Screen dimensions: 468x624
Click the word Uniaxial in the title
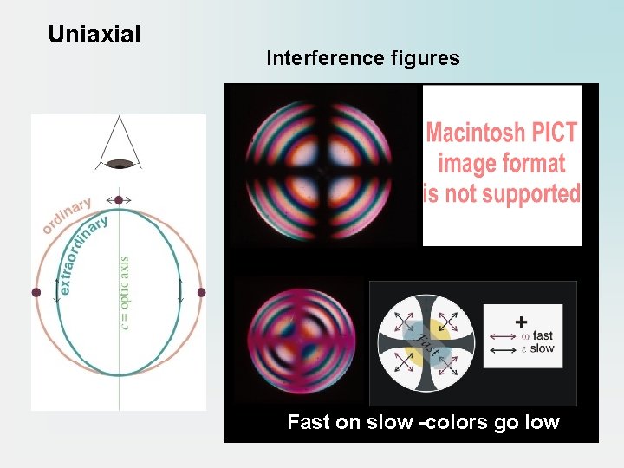[94, 35]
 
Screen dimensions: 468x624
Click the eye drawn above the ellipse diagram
[119, 163]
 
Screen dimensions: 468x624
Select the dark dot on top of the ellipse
[119, 200]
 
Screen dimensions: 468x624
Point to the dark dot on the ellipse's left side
[36, 293]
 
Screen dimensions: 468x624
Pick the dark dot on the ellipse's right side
[202, 293]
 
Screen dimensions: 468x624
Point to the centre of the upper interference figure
[322, 172]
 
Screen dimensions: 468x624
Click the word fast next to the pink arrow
[543, 335]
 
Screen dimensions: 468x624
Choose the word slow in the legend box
[543, 348]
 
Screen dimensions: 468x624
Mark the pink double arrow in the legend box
[504, 335]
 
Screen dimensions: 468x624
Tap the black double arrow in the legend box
[504, 349]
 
